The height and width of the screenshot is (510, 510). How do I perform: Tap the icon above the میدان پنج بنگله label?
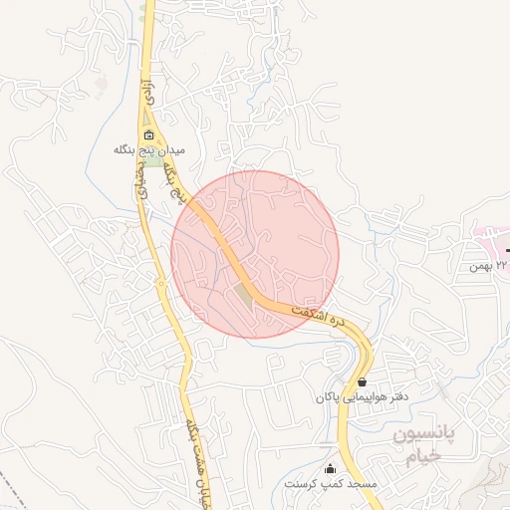[x=149, y=135]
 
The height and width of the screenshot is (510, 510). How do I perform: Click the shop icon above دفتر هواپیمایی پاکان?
[x=361, y=382]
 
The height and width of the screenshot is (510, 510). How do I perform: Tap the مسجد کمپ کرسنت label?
[x=331, y=483]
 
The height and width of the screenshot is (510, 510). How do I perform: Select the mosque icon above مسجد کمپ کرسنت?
[x=331, y=469]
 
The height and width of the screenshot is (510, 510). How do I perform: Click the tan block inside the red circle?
[x=244, y=296]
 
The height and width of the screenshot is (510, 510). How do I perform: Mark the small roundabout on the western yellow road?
[x=160, y=283]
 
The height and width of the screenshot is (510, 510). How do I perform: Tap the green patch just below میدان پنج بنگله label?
[x=155, y=160]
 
